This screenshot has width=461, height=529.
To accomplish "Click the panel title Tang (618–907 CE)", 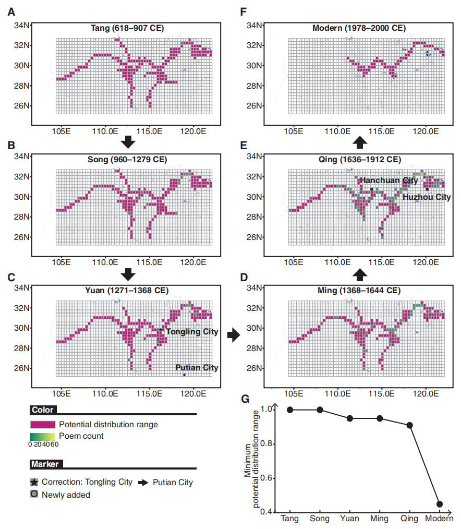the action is (x=127, y=28).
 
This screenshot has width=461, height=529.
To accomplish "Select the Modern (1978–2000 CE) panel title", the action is (x=359, y=28).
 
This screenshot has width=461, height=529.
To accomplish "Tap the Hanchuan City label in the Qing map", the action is (x=389, y=181).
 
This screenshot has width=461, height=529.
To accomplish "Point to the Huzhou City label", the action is (x=427, y=197).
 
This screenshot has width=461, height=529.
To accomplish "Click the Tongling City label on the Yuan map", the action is (x=192, y=332).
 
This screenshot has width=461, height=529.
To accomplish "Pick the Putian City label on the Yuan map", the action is (x=197, y=367).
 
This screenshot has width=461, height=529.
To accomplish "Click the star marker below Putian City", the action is (x=185, y=375).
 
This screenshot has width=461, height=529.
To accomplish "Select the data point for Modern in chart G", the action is (x=440, y=504).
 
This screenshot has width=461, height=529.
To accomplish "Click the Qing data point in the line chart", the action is (x=409, y=425).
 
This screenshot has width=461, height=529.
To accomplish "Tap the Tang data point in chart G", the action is (x=290, y=410).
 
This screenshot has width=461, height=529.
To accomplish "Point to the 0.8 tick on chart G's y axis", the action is (x=266, y=443).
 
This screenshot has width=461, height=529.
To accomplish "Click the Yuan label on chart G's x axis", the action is (x=349, y=518).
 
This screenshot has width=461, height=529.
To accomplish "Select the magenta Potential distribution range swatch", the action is (x=42, y=425).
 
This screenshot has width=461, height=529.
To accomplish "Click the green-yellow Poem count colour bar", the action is (x=42, y=437).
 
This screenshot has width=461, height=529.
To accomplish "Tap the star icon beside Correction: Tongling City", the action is (x=34, y=482).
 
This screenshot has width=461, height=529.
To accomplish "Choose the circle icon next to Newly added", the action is (x=34, y=494).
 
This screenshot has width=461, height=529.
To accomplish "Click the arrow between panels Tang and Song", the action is (x=128, y=142).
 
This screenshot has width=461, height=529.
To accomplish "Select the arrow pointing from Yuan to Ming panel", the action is (x=234, y=335).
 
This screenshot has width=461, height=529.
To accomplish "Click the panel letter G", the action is (x=245, y=399).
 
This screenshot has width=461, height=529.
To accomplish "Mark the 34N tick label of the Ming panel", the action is (x=254, y=288).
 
